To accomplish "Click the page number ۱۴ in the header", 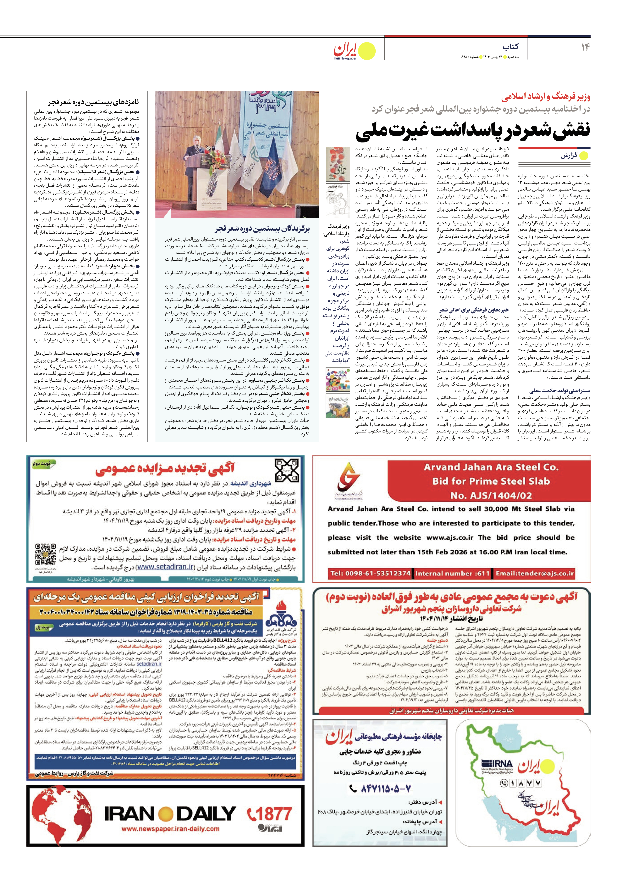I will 585,47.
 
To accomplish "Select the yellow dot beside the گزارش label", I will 584,156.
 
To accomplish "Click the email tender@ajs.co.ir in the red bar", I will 535,574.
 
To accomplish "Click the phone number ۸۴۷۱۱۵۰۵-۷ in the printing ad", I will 380,789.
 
